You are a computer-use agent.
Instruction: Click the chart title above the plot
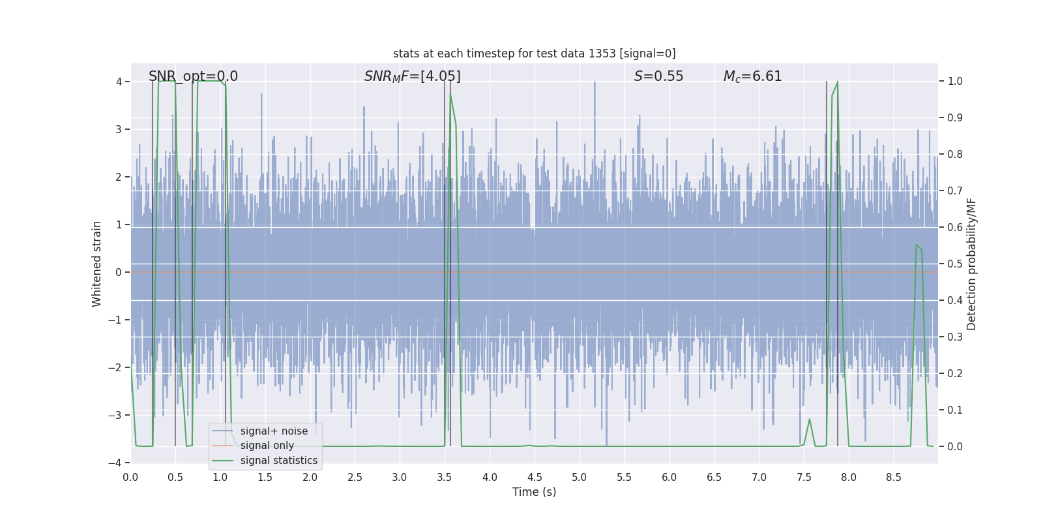534,54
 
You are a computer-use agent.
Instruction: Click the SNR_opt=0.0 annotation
193,76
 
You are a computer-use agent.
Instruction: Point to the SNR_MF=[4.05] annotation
412,76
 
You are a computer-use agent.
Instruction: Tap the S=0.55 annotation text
658,76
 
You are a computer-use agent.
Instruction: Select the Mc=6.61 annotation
752,76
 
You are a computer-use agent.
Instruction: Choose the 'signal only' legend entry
267,446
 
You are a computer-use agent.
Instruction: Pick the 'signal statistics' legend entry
278,461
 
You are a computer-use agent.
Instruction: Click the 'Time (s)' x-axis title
534,492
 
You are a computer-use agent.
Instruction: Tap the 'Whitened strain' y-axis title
97,264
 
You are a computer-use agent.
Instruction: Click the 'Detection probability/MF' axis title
971,264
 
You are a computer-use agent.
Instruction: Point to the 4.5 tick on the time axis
535,478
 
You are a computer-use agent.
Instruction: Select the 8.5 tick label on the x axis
894,478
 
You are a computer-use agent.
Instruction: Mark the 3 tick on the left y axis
119,129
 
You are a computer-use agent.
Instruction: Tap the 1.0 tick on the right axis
955,82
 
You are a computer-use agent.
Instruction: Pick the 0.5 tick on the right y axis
955,264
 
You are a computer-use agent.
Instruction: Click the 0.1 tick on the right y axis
955,410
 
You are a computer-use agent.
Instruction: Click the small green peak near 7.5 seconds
810,420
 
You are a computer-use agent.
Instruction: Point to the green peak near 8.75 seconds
917,245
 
